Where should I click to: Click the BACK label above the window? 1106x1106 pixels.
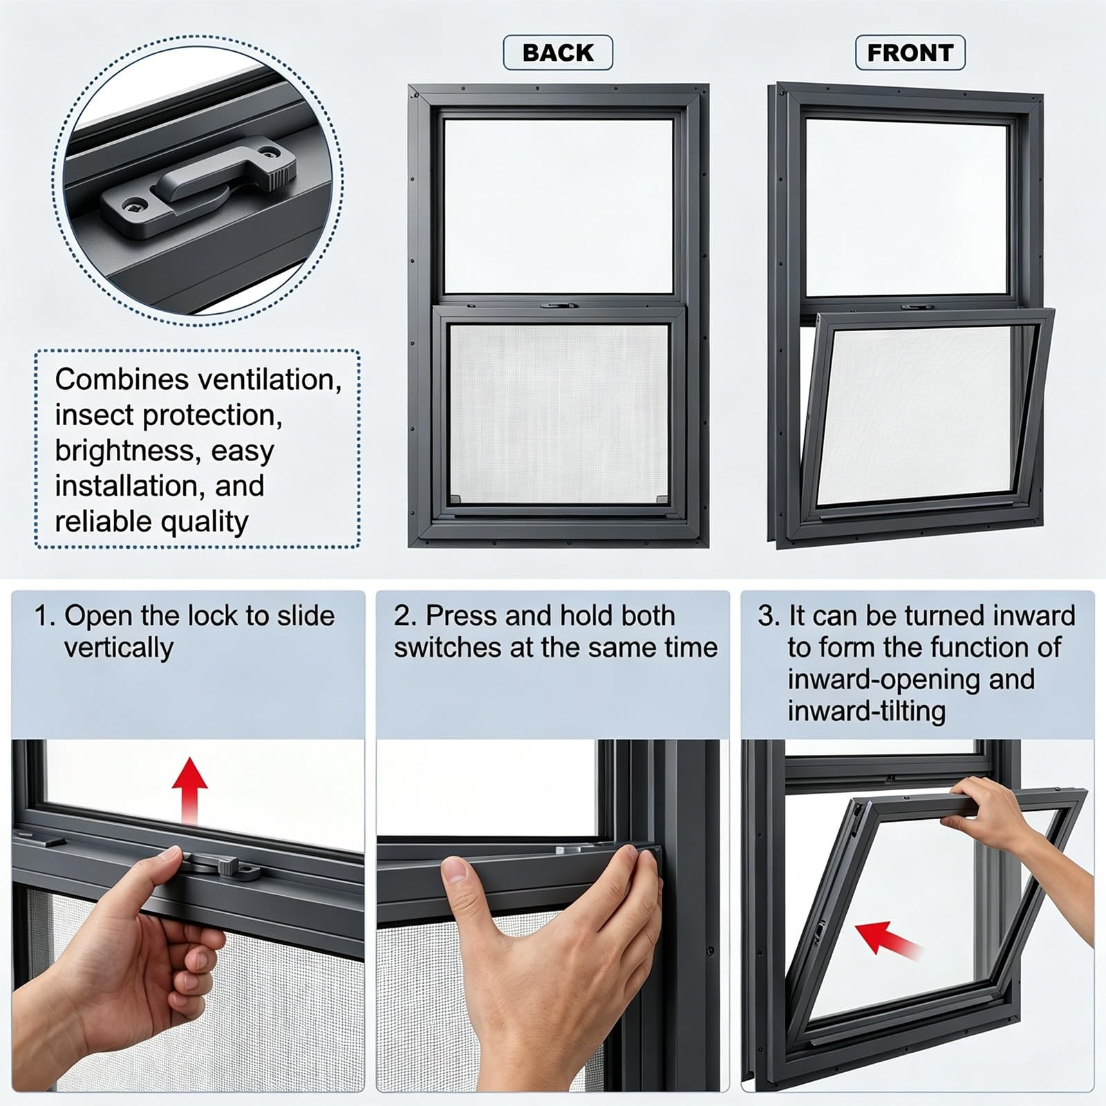(558, 53)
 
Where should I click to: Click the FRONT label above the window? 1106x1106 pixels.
(910, 53)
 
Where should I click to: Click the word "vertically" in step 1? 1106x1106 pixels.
(118, 648)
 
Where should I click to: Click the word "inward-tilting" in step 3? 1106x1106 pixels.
(866, 711)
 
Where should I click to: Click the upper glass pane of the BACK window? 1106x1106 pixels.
(558, 206)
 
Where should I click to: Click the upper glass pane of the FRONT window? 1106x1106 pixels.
(908, 208)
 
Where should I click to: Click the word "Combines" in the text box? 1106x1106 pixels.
(122, 379)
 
